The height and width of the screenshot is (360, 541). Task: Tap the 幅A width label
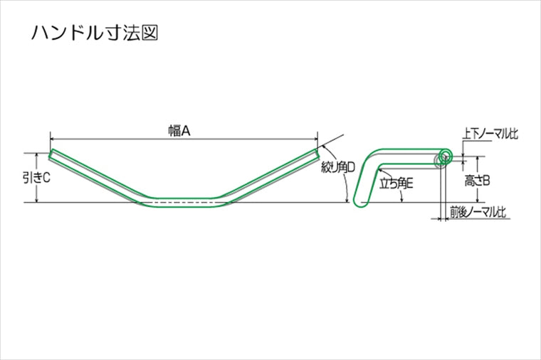[x=182, y=130]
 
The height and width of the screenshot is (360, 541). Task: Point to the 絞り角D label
[x=337, y=168]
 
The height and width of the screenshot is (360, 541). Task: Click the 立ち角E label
[x=396, y=183]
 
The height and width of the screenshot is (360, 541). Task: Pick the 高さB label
[x=477, y=181]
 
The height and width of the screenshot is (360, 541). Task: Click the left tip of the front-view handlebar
[x=51, y=154]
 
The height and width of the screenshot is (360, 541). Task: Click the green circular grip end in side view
[x=445, y=156]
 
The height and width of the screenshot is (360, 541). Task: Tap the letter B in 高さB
[x=487, y=181]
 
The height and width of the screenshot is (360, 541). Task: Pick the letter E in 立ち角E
[x=411, y=183]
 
